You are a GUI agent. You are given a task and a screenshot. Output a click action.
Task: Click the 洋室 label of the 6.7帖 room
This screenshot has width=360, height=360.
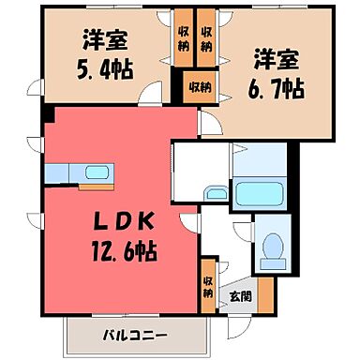pos(274,57)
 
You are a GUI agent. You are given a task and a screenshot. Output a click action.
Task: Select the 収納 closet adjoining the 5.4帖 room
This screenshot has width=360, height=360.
pos(183,38)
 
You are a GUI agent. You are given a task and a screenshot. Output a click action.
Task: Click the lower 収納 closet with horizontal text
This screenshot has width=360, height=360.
pos(199,87)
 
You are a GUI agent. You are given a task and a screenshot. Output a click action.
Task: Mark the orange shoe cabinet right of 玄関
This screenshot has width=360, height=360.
pos(266,294)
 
